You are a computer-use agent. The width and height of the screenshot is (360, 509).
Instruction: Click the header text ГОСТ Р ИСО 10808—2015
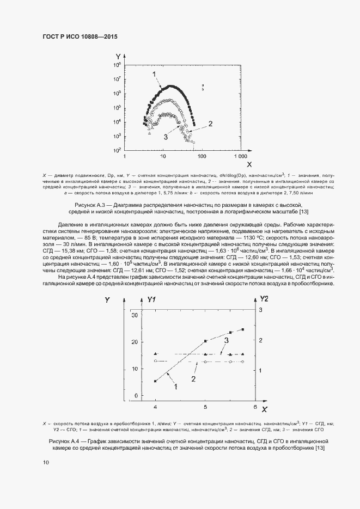tap(80, 36)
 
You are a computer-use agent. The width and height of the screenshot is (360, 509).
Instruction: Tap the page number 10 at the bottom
tap(46, 463)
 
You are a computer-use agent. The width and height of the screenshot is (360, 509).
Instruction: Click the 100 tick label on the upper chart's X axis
tap(202, 156)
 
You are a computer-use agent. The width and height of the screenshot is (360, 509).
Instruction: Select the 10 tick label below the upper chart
tap(163, 156)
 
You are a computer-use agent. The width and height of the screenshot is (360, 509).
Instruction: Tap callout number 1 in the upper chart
tap(154, 73)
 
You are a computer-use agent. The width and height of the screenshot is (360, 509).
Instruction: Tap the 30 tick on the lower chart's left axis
tap(135, 315)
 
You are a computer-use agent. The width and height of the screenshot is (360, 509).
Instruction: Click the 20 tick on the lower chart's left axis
tap(135, 342)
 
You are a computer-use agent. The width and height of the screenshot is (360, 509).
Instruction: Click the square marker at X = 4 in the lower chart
tap(156, 381)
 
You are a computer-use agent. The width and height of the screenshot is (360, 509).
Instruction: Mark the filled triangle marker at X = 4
tap(156, 354)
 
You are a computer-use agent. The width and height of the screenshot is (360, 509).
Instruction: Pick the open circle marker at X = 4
tap(156, 361)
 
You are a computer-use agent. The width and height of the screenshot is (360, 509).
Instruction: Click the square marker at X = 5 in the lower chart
tap(205, 341)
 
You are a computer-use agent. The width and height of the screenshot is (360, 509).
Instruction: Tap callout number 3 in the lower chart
tap(225, 340)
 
